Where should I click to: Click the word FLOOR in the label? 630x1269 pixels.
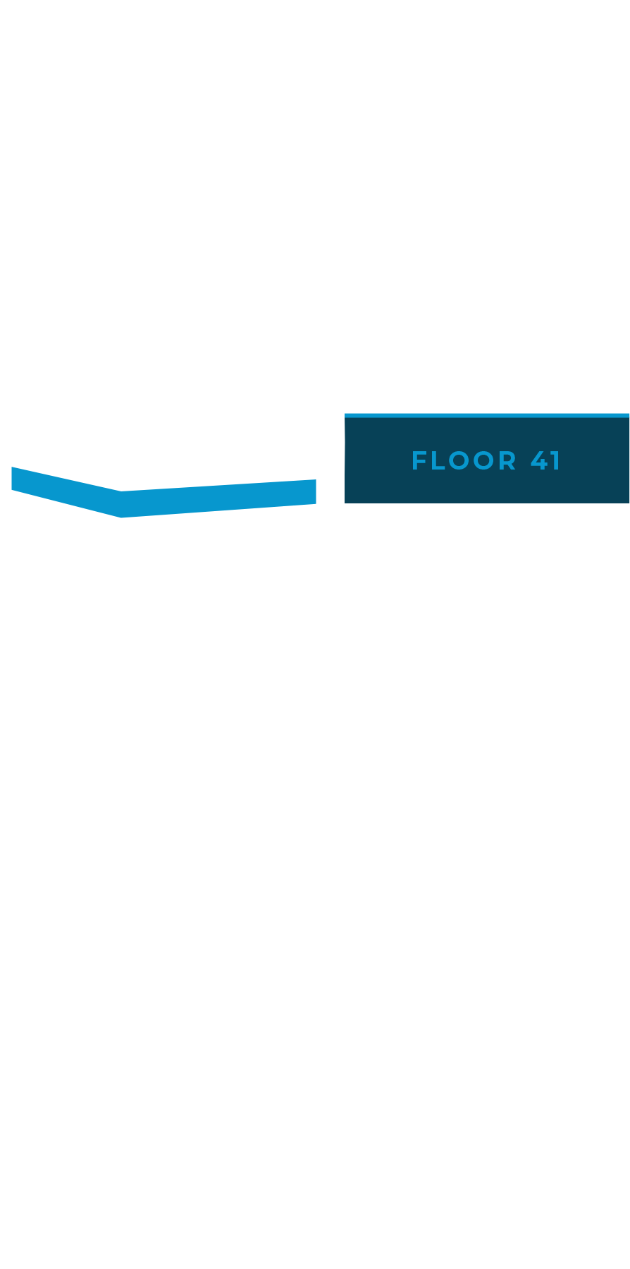coord(464,461)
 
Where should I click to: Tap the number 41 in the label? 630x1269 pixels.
coord(545,461)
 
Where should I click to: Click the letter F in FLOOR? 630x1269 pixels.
coord(418,461)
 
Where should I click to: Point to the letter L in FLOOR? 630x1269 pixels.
coord(439,461)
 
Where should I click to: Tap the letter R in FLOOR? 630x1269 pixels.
coord(509,461)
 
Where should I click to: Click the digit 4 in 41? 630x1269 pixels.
coord(540,461)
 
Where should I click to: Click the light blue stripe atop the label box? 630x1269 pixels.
coord(486,415)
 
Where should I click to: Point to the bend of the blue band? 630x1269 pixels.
coord(121,504)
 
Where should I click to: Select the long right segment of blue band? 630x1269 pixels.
coord(218,498)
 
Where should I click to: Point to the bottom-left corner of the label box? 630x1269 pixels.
coord(346,501)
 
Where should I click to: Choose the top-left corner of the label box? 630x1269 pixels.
coord(346,415)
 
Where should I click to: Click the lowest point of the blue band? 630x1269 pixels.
coord(121,517)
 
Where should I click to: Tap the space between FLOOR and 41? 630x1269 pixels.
coord(524,461)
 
